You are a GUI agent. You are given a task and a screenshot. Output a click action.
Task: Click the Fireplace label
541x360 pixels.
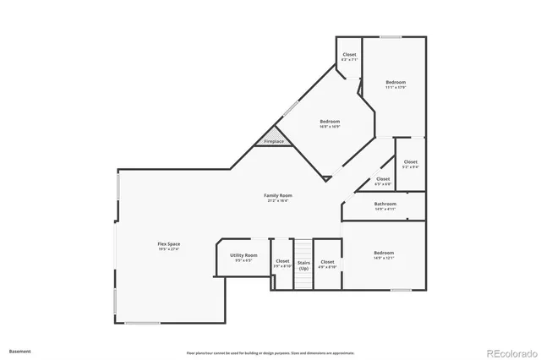tap(274, 141)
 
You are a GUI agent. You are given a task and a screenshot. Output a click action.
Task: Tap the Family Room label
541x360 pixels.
tap(280, 195)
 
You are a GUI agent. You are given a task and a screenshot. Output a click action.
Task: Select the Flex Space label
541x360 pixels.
tap(168, 244)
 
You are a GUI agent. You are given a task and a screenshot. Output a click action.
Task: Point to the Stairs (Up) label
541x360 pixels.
tap(303, 265)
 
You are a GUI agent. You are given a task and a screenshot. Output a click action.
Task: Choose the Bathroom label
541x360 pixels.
tap(385, 204)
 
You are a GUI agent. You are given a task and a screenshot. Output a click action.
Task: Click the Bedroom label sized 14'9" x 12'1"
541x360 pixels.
tap(384, 253)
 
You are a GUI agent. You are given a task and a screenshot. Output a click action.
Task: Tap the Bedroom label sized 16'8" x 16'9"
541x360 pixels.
tap(330, 122)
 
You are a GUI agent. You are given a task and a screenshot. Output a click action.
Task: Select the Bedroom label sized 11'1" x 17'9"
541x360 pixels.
tap(396, 82)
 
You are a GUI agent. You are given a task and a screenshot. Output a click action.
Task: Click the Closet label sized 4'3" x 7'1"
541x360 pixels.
tap(349, 55)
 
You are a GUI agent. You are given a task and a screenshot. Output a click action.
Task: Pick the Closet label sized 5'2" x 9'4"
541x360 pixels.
tap(410, 161)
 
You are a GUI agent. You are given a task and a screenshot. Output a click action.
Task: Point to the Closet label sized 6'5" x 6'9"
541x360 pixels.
tap(383, 178)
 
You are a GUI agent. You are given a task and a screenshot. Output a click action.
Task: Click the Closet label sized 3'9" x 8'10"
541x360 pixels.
tap(282, 261)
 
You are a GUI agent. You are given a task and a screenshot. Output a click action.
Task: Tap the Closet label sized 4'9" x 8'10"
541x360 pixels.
tap(327, 262)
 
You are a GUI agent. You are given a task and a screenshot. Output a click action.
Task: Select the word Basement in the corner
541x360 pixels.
tap(19, 350)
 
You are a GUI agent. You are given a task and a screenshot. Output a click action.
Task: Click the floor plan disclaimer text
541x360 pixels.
tap(270, 352)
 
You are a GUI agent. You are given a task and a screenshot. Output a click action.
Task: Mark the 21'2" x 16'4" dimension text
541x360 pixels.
tap(280, 200)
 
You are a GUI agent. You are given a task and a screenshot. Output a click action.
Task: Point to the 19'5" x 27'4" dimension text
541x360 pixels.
tap(168, 249)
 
